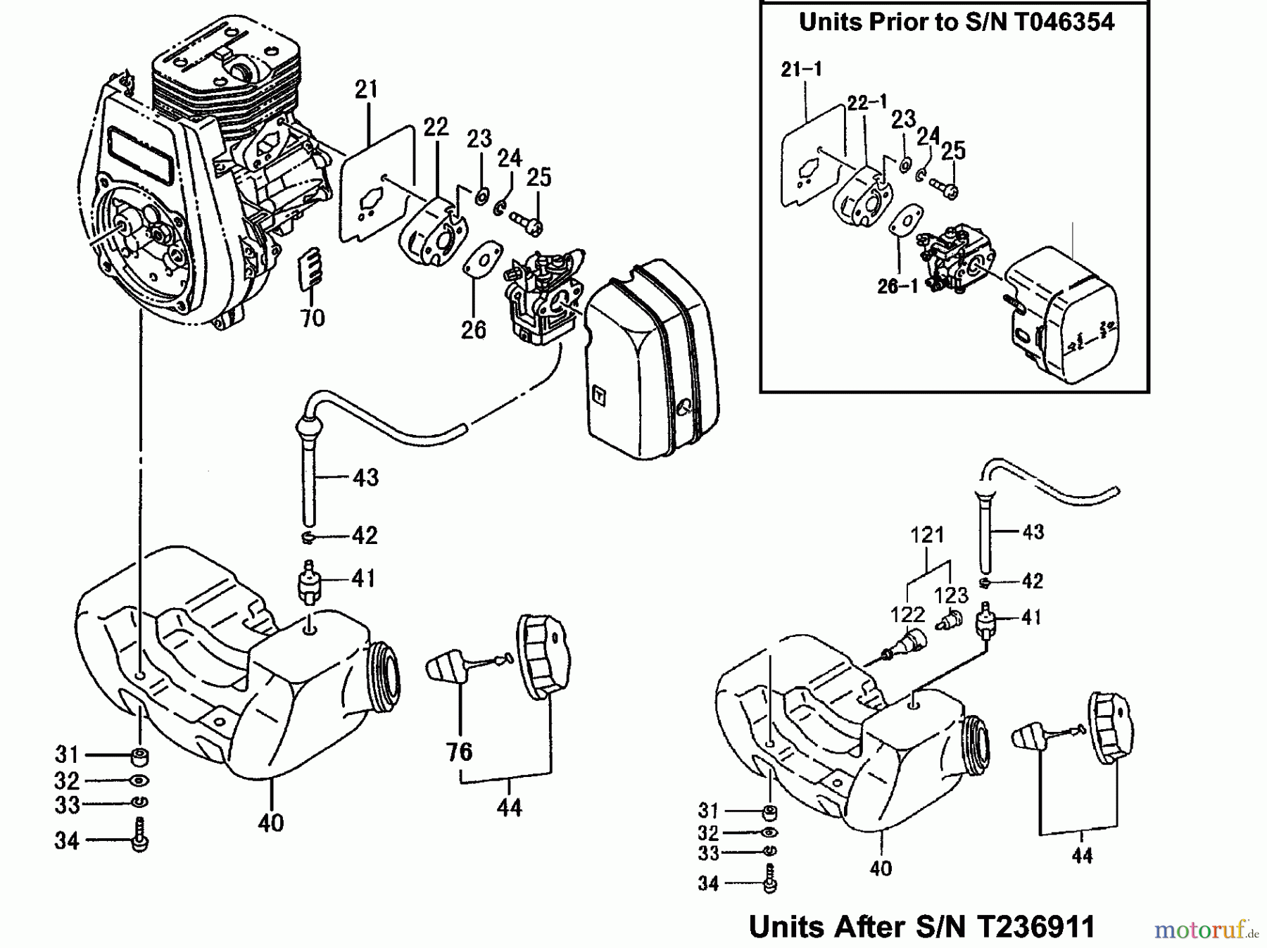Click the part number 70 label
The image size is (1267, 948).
click(x=313, y=318)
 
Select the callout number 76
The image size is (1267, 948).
click(x=459, y=752)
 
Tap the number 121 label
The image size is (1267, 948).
click(x=927, y=535)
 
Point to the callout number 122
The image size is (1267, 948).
click(x=907, y=614)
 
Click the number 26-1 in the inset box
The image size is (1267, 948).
click(x=897, y=287)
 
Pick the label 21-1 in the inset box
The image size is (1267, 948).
click(x=801, y=69)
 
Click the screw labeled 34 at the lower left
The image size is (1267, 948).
click(x=139, y=835)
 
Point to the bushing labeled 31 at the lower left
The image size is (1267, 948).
click(x=139, y=758)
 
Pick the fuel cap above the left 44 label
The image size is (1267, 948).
click(x=543, y=656)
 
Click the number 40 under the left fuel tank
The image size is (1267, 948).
click(x=271, y=822)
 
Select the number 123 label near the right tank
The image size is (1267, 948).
click(x=951, y=595)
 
